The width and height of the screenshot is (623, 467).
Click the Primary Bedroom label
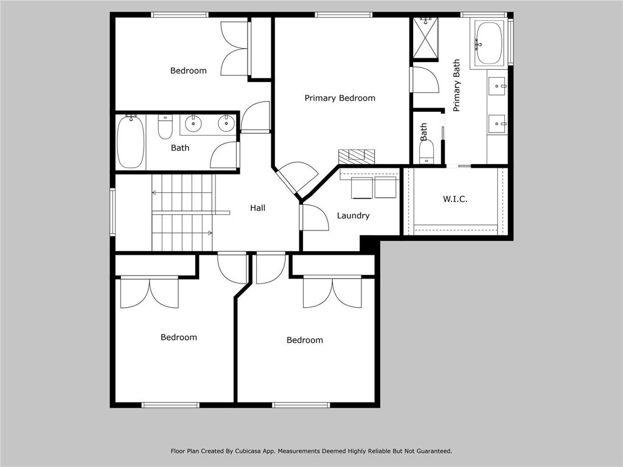[339, 98]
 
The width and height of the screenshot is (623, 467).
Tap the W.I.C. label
[454, 199]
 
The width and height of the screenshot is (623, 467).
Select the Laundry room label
[353, 215]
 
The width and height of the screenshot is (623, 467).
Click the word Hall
[257, 208]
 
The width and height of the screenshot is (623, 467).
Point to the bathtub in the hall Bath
[130, 142]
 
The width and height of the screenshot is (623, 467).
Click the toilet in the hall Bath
[165, 126]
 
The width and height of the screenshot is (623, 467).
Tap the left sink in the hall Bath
[193, 123]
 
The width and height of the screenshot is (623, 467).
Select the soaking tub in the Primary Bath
[489, 43]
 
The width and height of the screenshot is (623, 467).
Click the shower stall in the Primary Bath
[425, 38]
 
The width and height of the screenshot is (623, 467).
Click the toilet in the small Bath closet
[426, 150]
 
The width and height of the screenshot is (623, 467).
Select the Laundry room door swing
[315, 218]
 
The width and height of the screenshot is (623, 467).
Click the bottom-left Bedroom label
[178, 337]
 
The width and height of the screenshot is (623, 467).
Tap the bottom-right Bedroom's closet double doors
[332, 292]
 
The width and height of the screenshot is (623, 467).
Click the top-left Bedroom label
[188, 71]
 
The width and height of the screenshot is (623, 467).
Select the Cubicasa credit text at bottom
[311, 451]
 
